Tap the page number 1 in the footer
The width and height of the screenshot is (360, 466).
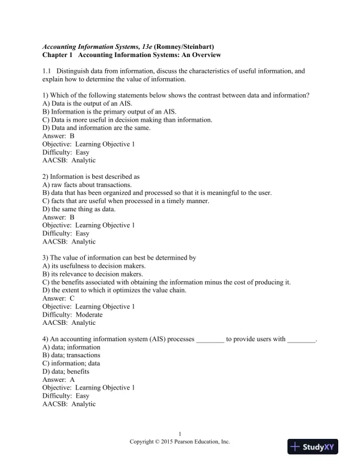tap(180, 434)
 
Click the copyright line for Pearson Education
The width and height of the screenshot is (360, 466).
tap(180, 441)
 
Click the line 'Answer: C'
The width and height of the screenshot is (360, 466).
tap(58, 298)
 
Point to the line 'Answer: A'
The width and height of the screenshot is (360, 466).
tap(58, 380)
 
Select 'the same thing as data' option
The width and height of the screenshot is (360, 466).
tap(79, 209)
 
